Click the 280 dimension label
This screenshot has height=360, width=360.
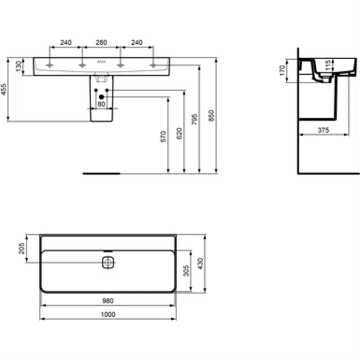point(101,43)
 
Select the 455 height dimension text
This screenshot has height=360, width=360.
point(4,89)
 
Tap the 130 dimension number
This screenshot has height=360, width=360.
point(19,66)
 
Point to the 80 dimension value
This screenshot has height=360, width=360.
point(101,104)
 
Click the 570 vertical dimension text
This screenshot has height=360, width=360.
point(163,137)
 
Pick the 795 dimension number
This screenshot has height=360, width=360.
point(195,119)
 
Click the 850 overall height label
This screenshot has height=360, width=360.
point(211,116)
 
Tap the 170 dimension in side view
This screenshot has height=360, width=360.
point(282,70)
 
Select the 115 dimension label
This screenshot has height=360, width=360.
point(328,65)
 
